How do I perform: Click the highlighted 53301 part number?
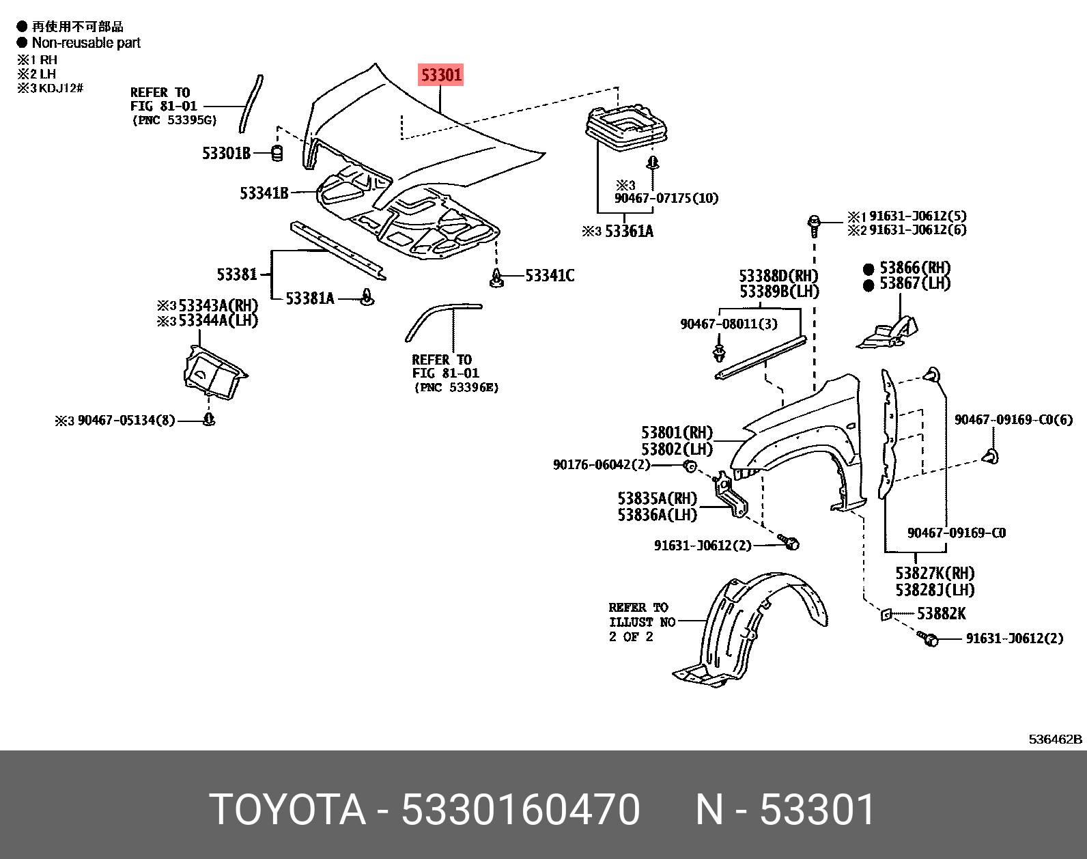pos(441,74)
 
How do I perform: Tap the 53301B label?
pos(226,153)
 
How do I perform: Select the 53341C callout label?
pos(550,276)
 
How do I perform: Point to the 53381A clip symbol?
pos(368,298)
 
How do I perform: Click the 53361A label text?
pos(628,231)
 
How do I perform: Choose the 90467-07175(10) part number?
pos(666,198)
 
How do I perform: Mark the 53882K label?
pos(940,614)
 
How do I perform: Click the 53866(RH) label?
pos(914,268)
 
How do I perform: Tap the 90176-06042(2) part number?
pos(601,465)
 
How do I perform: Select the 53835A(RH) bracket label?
pos(657,498)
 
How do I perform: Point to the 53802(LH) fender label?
pos(676,449)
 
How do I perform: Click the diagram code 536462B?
pos(1055,739)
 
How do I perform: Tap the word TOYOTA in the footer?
pos(287,810)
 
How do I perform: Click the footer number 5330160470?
pos(520,810)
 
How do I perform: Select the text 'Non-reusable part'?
pos(86,43)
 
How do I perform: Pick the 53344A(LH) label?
pos(217,320)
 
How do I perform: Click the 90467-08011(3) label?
pos(728,324)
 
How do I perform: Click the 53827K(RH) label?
pos(934,574)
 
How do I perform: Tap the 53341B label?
pos(264,193)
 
